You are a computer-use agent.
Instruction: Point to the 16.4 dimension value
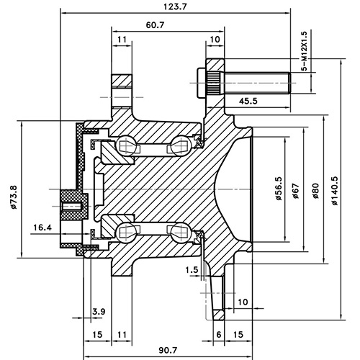43,228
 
